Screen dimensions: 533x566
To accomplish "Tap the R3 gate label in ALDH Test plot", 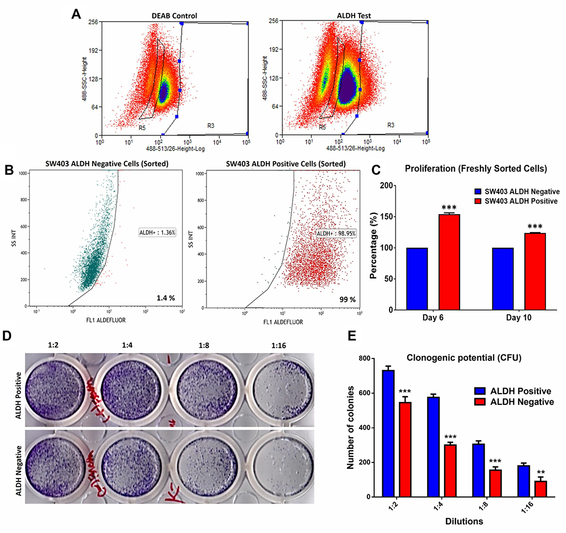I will point(391,125).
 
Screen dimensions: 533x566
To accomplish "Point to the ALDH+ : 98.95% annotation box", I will point(335,234).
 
